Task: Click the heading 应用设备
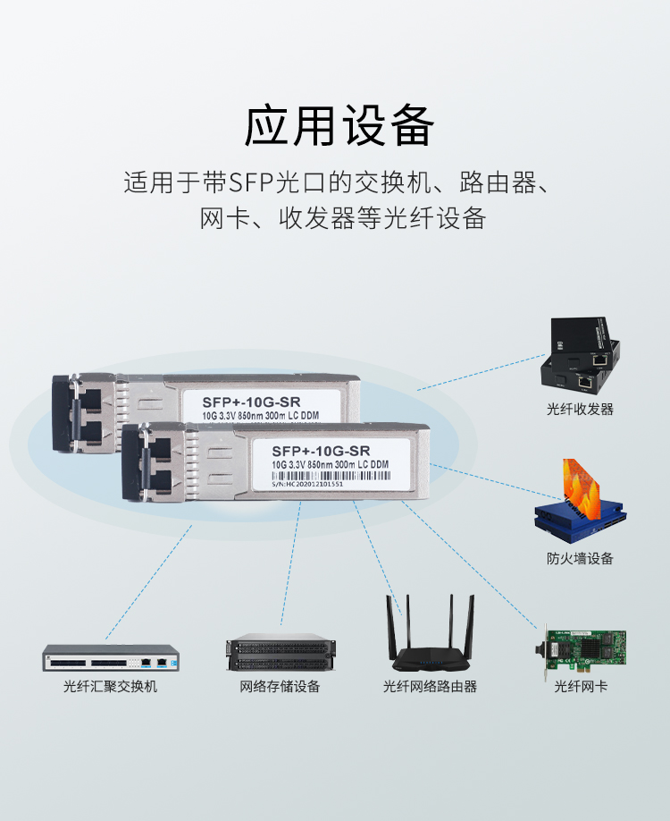339,126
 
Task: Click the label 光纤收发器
580,409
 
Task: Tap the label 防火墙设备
580,558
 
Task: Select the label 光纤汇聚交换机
110,686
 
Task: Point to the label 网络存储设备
280,686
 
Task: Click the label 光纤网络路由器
430,686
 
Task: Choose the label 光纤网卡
581,686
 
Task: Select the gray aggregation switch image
106,659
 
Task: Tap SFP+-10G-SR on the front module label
320,449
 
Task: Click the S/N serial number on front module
307,484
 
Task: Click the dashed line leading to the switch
147,581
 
